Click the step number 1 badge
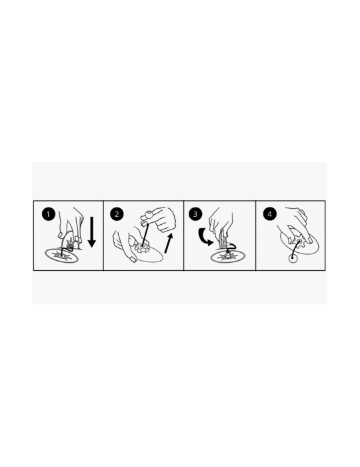coord(49,214)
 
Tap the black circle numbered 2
coord(117,214)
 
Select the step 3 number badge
coord(195,214)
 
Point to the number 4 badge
coord(269,214)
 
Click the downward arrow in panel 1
coord(92,232)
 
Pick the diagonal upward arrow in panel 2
coord(169,244)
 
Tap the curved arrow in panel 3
coord(205,237)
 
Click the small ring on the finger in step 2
coord(148,214)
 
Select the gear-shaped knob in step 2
coord(141,248)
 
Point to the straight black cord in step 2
coord(145,231)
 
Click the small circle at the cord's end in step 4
coord(293,258)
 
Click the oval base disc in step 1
coord(62,256)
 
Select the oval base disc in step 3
coord(228,256)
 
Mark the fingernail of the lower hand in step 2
coord(133,260)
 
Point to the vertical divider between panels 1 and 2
coord(103,236)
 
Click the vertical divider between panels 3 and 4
coord(255,236)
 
